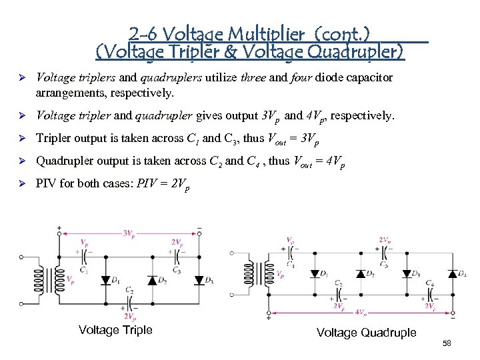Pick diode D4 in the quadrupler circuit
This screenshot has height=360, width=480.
(453, 273)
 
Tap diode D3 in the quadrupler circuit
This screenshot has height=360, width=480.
(406, 273)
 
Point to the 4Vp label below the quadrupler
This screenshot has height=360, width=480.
(360, 312)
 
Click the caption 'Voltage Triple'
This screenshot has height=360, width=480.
(115, 330)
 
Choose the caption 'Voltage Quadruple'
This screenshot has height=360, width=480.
(366, 333)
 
